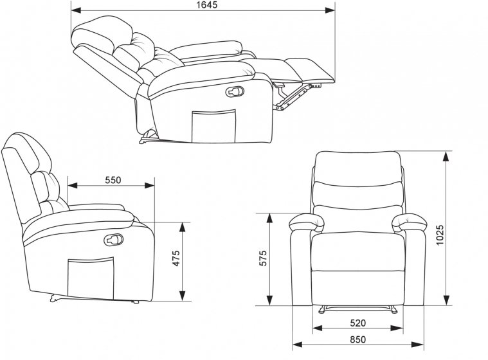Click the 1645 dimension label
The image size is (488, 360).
(206, 4)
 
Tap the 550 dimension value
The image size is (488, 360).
(113, 180)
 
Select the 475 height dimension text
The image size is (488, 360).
(176, 258)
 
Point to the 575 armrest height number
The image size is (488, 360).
(263, 258)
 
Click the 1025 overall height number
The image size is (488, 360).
(439, 235)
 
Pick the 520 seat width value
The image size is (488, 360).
(357, 323)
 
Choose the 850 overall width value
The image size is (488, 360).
(357, 339)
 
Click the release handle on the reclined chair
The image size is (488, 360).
(235, 91)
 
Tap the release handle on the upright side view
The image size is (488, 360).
(114, 240)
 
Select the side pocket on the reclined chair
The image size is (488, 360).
(213, 127)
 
